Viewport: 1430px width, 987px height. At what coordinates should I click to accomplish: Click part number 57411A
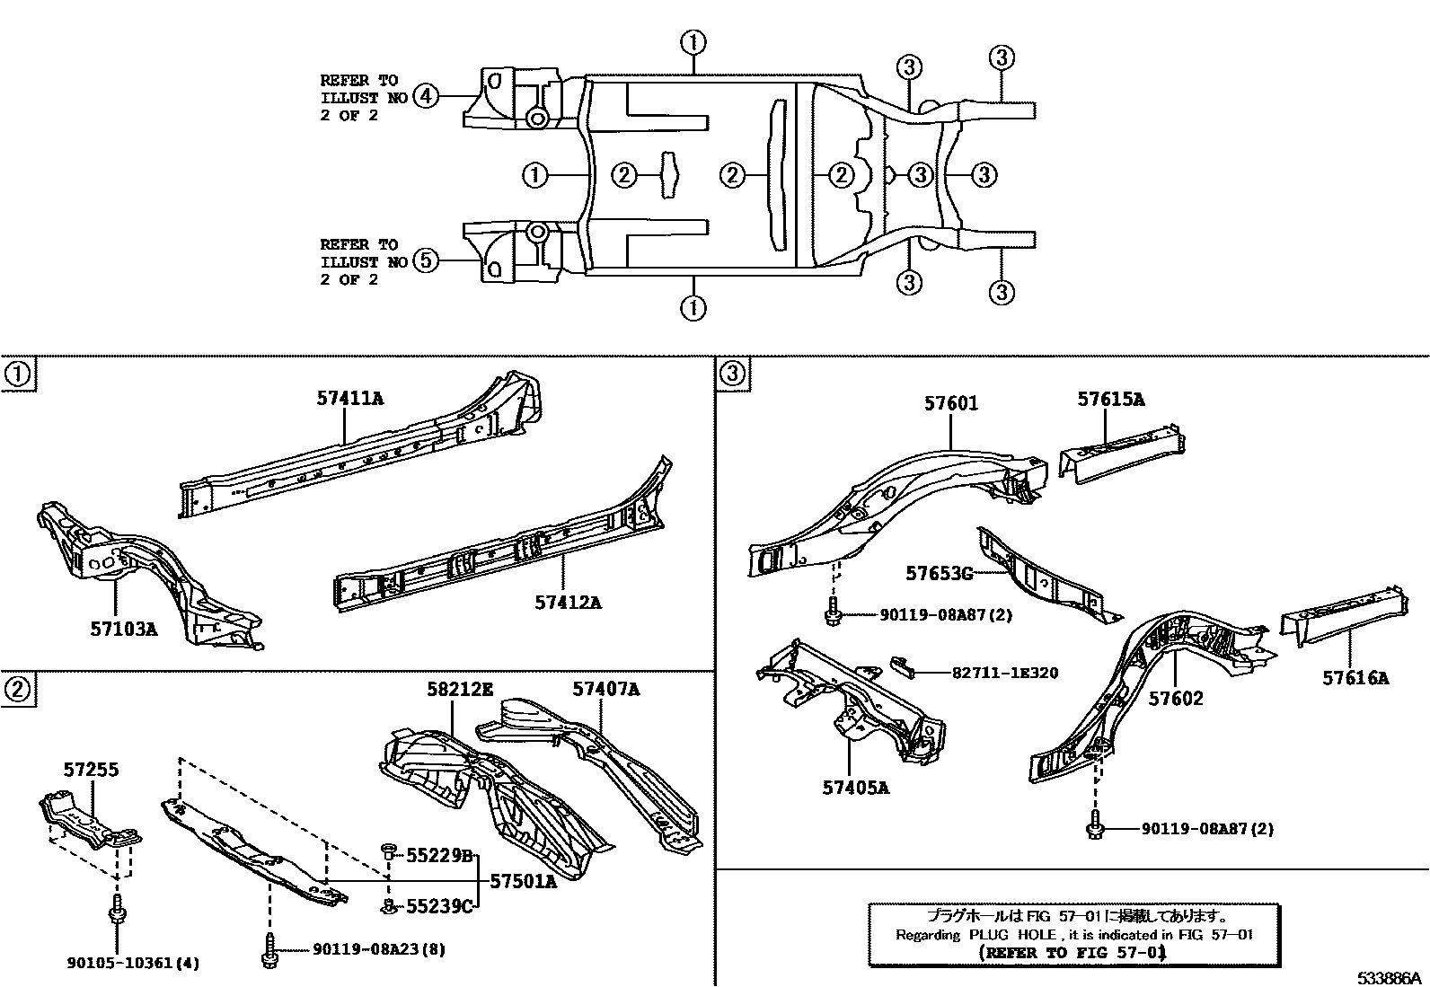click(x=349, y=398)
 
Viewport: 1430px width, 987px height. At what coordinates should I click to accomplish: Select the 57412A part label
click(x=568, y=602)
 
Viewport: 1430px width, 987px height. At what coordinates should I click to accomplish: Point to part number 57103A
click(x=123, y=629)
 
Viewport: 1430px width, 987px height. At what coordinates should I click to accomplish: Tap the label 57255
click(x=91, y=770)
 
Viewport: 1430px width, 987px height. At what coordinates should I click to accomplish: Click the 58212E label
click(x=461, y=690)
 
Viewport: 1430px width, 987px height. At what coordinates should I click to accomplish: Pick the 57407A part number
click(x=606, y=689)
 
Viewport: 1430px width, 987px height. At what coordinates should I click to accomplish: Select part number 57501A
click(x=523, y=881)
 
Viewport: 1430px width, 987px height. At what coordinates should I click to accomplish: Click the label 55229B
click(x=439, y=855)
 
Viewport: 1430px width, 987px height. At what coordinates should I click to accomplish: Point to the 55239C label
click(x=439, y=906)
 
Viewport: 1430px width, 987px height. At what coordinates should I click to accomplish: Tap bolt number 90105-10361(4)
click(x=133, y=963)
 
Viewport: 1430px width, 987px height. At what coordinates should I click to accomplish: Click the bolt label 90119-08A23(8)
click(x=378, y=948)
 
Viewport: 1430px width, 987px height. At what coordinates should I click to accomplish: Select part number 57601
click(x=951, y=404)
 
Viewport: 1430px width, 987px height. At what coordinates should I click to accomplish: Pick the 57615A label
click(x=1111, y=399)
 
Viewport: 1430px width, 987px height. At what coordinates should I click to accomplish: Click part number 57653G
click(x=939, y=572)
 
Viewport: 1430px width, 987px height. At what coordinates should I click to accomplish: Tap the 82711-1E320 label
click(x=1006, y=672)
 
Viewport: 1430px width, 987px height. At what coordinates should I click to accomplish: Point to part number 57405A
click(x=855, y=788)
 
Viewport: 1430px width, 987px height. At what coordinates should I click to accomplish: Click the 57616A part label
click(x=1355, y=678)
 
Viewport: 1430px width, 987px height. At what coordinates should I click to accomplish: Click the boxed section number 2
click(x=18, y=689)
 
